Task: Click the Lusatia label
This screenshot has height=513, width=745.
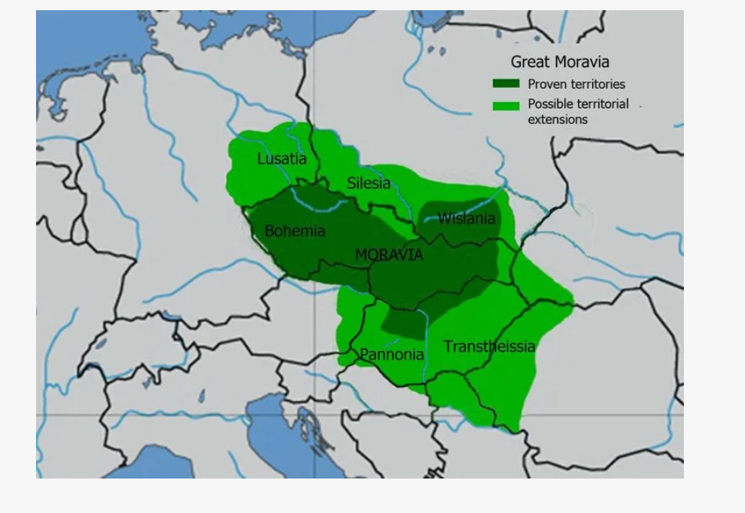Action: pos(282,159)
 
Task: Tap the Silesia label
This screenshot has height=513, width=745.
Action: pos(368,183)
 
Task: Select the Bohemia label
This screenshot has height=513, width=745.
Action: pos(295,231)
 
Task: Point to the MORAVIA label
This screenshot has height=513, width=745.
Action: pos(389,255)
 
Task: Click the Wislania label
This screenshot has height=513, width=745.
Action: pos(466,219)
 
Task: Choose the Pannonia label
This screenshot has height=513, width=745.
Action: pos(392,355)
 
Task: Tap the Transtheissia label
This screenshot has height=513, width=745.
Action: pos(490,346)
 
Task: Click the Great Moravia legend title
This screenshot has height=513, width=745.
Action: pos(559,62)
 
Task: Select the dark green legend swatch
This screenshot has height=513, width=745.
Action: pos(505,84)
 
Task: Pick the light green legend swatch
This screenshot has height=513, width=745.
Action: pos(505,105)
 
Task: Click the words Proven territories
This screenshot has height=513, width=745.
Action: pos(576,84)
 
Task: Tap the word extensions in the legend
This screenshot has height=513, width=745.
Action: pos(557,120)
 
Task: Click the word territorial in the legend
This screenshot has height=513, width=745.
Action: pos(601,104)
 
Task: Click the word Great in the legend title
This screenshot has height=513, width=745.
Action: pos(529,62)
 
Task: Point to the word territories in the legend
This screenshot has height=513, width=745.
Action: pos(598,84)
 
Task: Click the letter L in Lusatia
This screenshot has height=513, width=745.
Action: pos(262,159)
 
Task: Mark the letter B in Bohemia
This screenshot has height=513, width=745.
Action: pos(269,231)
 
